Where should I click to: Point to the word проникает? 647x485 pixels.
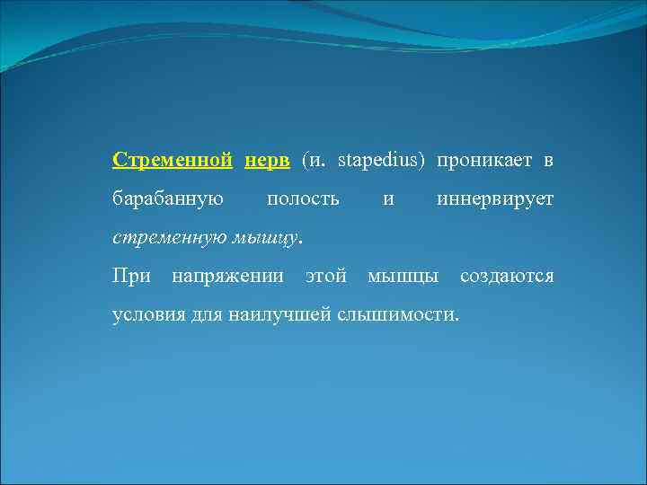pyautogui.click(x=484, y=160)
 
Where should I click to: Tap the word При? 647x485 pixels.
pyautogui.click(x=132, y=276)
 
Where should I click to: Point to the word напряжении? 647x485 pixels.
pyautogui.click(x=227, y=276)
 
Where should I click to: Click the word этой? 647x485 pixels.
pyautogui.click(x=326, y=276)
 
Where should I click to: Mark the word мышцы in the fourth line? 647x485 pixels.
pyautogui.click(x=403, y=276)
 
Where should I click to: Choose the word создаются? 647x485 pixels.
pyautogui.click(x=507, y=276)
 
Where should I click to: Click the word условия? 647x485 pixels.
pyautogui.click(x=148, y=314)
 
